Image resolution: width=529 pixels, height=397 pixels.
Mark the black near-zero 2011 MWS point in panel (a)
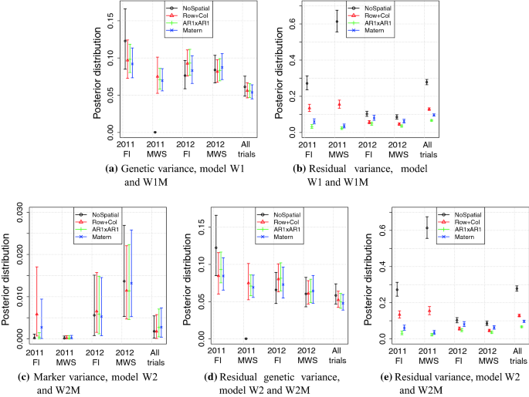tap(155, 133)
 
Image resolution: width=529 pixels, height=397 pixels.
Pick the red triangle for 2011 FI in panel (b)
tap(309, 108)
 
